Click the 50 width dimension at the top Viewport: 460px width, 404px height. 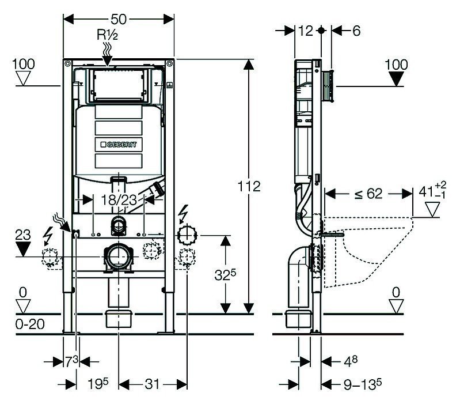[119, 20]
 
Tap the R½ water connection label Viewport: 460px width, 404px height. [108, 35]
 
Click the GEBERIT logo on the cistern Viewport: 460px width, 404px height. [119, 145]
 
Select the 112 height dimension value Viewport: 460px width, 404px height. [249, 186]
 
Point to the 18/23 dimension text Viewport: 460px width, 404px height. [119, 200]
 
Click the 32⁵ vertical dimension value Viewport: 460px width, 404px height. [225, 274]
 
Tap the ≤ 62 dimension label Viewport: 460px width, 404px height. [368, 194]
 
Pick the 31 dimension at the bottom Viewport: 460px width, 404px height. [152, 384]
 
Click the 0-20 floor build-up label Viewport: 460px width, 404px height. [30, 324]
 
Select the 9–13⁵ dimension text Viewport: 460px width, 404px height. [363, 384]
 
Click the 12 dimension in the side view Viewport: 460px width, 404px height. [305, 31]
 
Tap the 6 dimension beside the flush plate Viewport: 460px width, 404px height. [356, 31]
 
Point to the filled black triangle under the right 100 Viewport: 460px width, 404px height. [396, 80]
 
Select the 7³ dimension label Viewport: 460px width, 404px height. [71, 362]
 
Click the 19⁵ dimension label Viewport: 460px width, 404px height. [98, 384]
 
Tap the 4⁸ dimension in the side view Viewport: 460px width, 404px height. [351, 361]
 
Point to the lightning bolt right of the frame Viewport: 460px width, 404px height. [183, 214]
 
